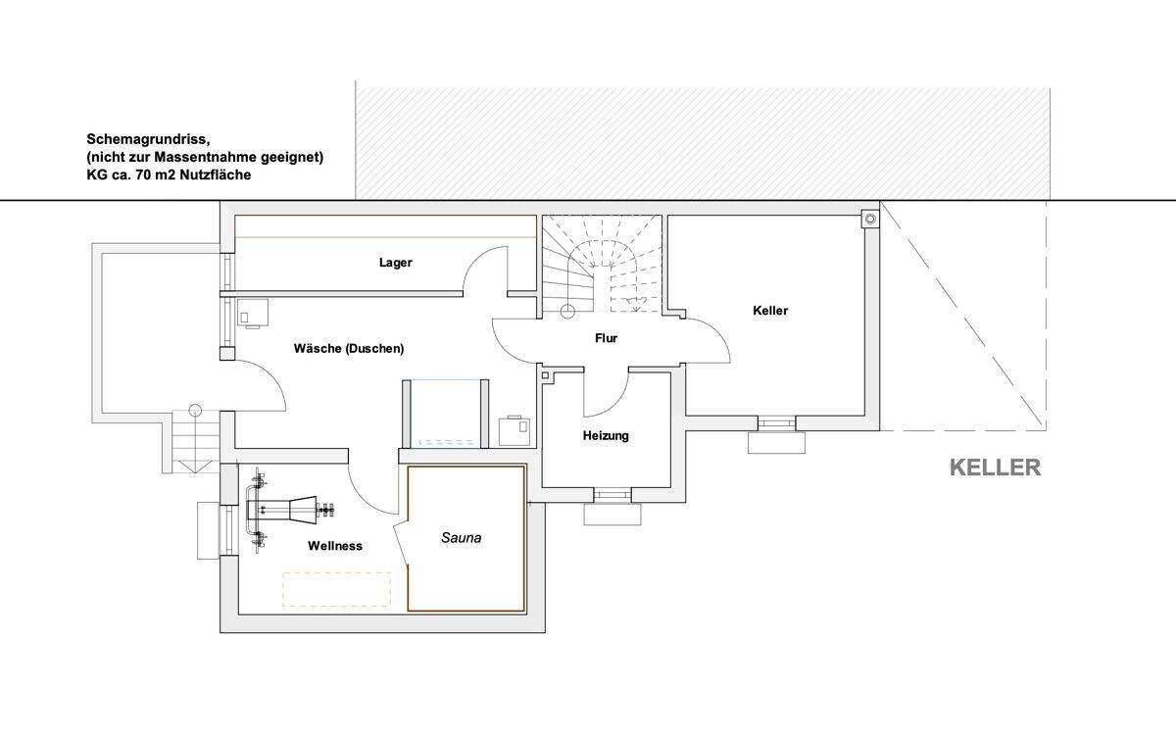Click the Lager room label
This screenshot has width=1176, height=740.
[x=396, y=263]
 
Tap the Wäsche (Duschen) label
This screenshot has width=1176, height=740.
[x=349, y=348]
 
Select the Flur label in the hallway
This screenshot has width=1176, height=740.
[x=606, y=338]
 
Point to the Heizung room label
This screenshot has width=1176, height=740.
[x=606, y=435]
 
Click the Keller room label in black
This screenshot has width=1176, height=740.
[x=770, y=311]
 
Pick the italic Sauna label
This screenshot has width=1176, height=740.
[x=461, y=537]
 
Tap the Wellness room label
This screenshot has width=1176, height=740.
[x=335, y=546]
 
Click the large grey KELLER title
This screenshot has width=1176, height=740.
[x=995, y=468]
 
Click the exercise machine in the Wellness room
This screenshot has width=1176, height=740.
[x=289, y=509]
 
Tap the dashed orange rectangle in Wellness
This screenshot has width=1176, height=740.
[x=336, y=590]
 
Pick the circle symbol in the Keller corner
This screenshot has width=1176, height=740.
[x=868, y=218]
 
